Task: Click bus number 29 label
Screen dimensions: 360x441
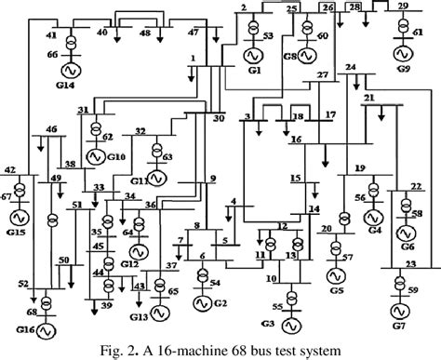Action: [x=402, y=7]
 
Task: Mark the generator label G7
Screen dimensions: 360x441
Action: [x=408, y=328]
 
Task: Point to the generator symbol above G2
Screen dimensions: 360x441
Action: [x=202, y=301]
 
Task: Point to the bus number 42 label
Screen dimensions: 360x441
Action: [x=9, y=170]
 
